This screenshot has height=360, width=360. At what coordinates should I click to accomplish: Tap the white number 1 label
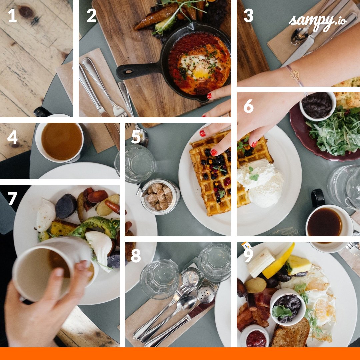click(12, 16)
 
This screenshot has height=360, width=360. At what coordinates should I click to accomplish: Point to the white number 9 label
click(248, 256)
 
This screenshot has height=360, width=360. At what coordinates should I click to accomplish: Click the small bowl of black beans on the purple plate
click(317, 105)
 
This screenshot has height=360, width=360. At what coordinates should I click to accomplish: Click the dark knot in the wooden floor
click(26, 12)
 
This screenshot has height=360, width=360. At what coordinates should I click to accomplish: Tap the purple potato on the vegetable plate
click(66, 206)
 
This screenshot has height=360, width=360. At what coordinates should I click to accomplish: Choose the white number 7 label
click(12, 199)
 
